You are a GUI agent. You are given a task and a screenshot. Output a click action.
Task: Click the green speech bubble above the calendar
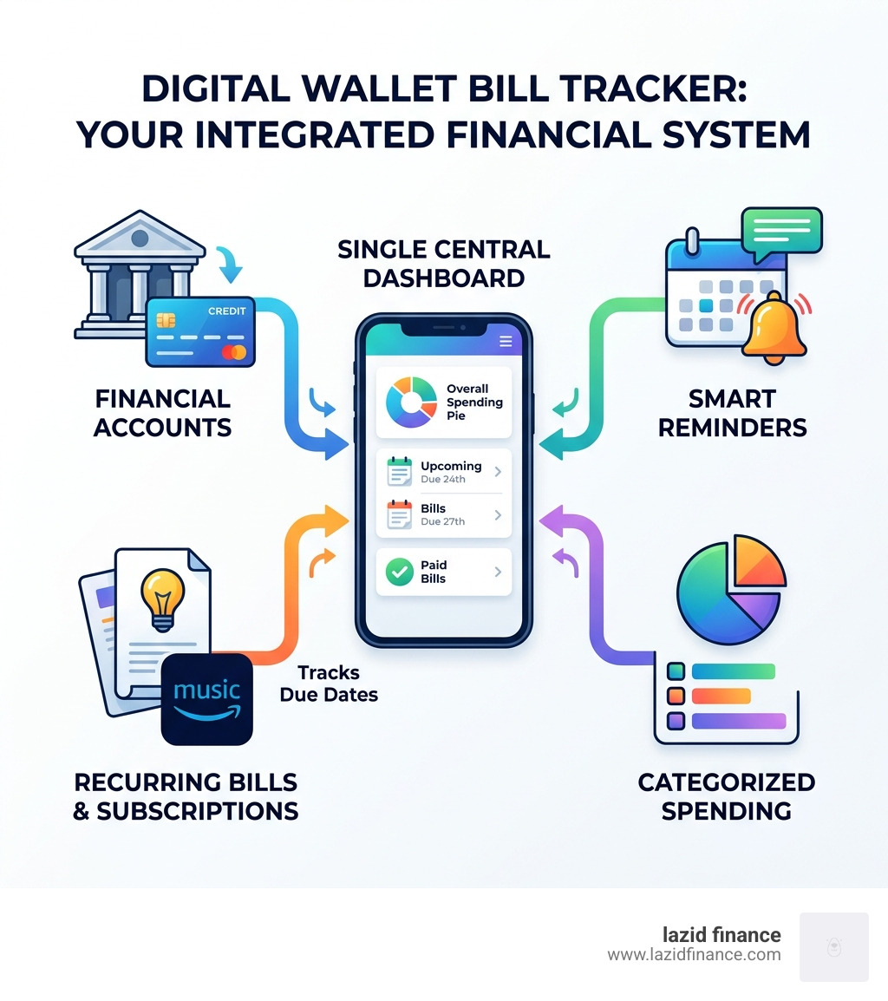(x=780, y=230)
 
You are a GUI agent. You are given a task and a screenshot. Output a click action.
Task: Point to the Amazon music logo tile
(x=206, y=699)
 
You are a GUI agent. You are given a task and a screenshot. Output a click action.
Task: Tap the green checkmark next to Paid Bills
(x=399, y=572)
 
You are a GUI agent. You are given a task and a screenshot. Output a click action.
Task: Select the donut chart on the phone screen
(x=410, y=402)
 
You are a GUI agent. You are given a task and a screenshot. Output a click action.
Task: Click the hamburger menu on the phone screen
(x=506, y=342)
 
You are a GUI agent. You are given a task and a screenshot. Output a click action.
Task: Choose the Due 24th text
(x=442, y=479)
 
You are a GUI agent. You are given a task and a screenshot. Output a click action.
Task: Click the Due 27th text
(x=442, y=521)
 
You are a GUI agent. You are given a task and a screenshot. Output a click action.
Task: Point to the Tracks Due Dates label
(x=329, y=684)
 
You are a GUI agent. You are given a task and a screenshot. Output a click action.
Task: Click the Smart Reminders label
(x=732, y=413)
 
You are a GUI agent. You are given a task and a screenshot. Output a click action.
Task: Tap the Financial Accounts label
(x=163, y=413)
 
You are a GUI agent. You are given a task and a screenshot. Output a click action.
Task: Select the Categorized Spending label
(x=727, y=796)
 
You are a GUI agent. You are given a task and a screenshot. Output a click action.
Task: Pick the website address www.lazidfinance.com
(x=694, y=955)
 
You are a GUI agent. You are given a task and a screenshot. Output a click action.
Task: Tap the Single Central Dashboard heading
(x=443, y=263)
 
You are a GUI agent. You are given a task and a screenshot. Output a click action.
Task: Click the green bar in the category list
(x=733, y=671)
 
